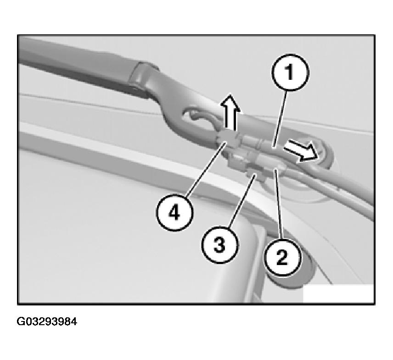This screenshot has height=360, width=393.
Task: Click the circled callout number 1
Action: (x=291, y=72)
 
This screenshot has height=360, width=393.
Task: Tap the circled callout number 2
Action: (x=282, y=258)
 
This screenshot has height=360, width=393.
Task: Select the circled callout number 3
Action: (x=219, y=245)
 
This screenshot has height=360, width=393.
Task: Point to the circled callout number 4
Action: (x=175, y=213)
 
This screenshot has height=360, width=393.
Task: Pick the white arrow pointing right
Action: (x=301, y=151)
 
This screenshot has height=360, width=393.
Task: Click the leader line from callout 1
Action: (x=281, y=118)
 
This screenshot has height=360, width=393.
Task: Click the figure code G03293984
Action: (x=47, y=321)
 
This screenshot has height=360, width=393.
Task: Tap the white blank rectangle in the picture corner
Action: (x=338, y=294)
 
